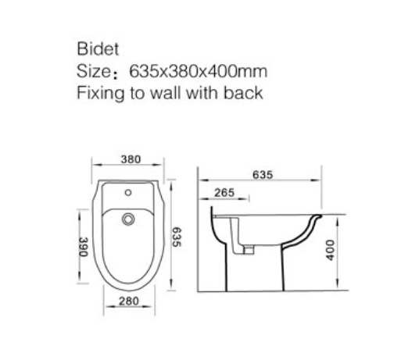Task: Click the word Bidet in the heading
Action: coord(98,48)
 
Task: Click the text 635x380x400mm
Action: coord(199,71)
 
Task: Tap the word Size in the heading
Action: coord(94,71)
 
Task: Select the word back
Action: coord(243,93)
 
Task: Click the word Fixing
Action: coord(101,94)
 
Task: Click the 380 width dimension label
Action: coord(131,159)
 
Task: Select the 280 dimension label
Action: coord(129,301)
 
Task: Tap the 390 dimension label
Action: coord(84,247)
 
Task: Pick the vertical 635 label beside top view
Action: coord(177,237)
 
